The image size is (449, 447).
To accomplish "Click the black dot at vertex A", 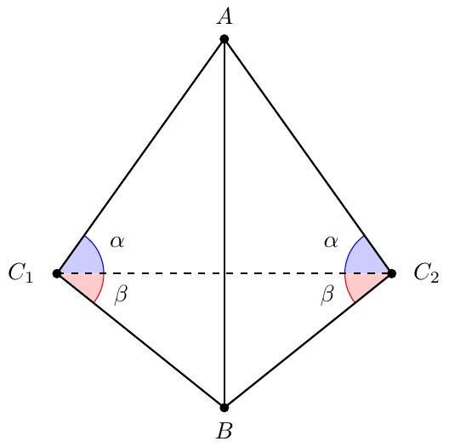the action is tap(224, 39).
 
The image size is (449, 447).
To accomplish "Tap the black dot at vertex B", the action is tap(224, 408).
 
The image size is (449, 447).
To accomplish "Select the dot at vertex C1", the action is tap(57, 273).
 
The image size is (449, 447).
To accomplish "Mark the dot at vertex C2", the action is tap(392, 273).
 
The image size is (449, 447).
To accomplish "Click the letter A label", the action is tap(224, 17).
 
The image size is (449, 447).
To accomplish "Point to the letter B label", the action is tap(224, 430).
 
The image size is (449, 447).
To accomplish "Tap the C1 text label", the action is tap(20, 273).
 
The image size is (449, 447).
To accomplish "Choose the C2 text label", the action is tap(426, 273).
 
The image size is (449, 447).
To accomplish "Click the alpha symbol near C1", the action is tap(117, 242).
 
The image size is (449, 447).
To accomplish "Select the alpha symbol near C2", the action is tap(331, 242).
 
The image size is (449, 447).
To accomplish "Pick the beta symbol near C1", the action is tap(121, 295).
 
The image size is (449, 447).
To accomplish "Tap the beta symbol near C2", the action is tap(327, 295).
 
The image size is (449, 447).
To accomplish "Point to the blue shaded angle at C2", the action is tap(364, 259).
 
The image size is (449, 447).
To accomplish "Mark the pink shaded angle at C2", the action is tap(364, 284).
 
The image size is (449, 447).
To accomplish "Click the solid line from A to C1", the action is tap(140, 157).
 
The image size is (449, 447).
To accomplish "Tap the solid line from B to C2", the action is tap(308, 341).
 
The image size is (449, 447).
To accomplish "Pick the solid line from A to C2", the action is tap(308, 157).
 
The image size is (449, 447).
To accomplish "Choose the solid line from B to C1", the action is tap(140, 341).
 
